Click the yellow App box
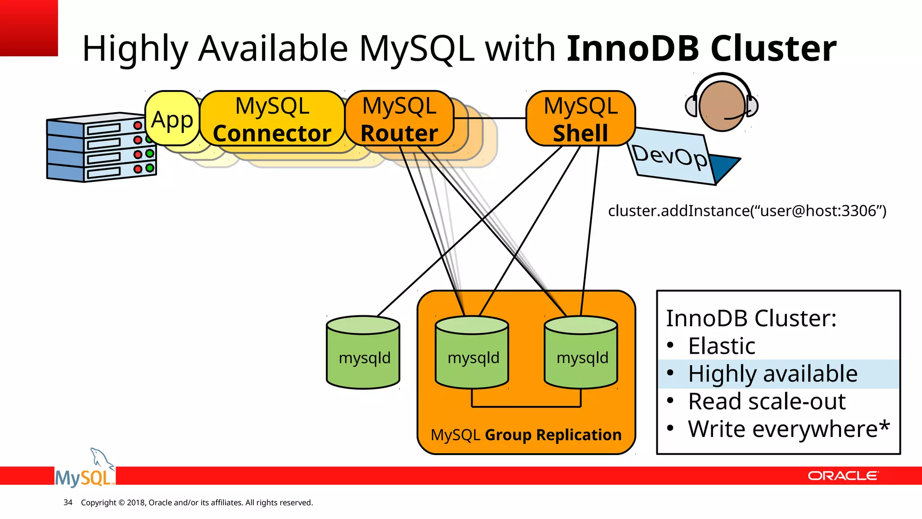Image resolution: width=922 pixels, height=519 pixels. [x=172, y=119]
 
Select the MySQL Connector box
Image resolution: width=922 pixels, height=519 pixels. [x=272, y=119]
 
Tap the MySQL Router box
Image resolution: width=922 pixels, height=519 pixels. [x=399, y=119]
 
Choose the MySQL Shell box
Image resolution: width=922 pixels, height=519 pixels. [x=580, y=119]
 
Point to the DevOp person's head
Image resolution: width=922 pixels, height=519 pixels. [x=722, y=106]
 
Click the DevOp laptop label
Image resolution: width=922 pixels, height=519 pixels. [x=670, y=156]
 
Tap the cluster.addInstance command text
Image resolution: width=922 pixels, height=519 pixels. [x=747, y=211]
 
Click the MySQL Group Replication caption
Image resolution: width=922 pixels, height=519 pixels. [x=526, y=435]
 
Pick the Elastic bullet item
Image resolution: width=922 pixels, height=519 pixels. [x=721, y=346]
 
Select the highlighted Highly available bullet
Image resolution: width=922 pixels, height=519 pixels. [x=773, y=374]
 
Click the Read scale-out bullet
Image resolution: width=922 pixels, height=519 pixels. [x=767, y=401]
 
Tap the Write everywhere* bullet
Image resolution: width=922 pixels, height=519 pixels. [x=788, y=429]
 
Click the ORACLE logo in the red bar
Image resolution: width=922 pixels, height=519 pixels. [x=842, y=476]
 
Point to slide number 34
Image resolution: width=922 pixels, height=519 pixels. [x=68, y=502]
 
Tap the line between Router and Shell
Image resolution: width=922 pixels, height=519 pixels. [x=490, y=118]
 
